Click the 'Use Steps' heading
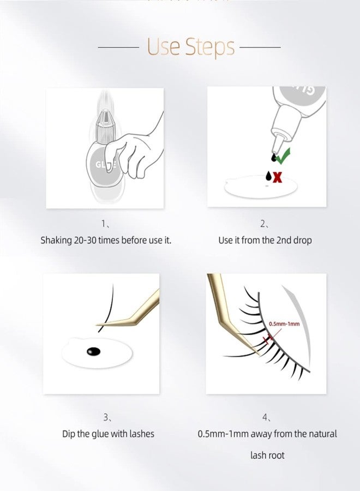tap(190, 47)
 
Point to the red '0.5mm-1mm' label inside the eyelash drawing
tap(284, 324)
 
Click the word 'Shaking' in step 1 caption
tap(56, 240)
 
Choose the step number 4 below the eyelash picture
tap(265, 417)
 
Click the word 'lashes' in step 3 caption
tap(139, 434)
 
